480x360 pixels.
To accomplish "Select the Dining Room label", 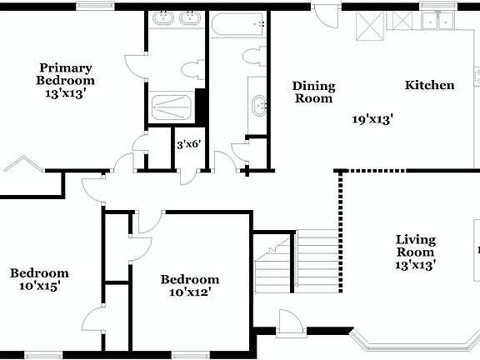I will tap(313, 92).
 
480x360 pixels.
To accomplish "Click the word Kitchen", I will tap(429, 85).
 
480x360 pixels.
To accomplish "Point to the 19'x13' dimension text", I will tap(372, 119).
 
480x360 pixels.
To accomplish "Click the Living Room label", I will tap(414, 246).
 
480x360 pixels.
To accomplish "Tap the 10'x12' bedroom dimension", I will tap(189, 292).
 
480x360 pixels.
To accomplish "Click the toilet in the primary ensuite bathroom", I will tap(191, 70).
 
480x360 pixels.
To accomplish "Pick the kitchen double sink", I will tap(437, 20).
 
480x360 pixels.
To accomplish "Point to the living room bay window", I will tap(392, 342).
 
